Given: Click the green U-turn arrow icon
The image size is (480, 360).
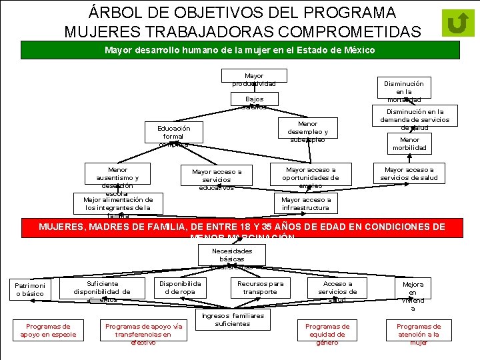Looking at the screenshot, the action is click(457, 24).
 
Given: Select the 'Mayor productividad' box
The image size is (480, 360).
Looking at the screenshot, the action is click(254, 80).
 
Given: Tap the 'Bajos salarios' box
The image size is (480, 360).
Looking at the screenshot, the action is click(254, 102).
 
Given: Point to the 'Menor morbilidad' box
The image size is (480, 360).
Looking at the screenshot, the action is click(410, 143).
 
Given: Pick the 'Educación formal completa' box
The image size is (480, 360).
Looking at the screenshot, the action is click(173, 135).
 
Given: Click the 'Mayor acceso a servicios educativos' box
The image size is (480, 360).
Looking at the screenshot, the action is click(217, 179).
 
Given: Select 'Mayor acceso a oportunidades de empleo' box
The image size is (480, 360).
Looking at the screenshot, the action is click(310, 177).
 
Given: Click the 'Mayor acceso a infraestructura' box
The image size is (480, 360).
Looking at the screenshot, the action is click(305, 203).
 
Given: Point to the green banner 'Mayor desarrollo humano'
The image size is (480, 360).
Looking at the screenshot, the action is click(240, 51).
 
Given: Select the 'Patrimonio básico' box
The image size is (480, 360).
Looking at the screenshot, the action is click(29, 289).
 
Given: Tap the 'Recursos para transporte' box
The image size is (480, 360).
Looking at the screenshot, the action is click(260, 287).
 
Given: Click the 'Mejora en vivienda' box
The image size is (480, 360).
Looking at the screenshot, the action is click(413, 297).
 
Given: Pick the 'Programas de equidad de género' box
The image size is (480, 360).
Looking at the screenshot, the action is click(327, 334).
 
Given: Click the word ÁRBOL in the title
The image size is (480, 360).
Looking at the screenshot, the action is click(115, 13).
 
